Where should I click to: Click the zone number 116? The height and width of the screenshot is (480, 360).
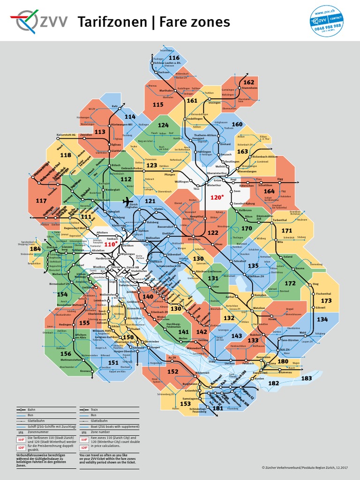[x=174, y=58]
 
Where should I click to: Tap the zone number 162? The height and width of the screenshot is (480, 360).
[x=248, y=82]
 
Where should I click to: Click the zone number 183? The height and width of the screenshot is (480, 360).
[x=307, y=378]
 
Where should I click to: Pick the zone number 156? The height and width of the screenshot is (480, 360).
[x=66, y=354]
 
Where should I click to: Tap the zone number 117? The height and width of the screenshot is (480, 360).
[x=41, y=201]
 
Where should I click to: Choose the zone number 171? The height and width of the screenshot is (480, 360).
[x=286, y=231]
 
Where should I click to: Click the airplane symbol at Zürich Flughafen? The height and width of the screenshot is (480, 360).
[x=126, y=201]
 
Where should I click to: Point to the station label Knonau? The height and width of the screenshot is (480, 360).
[x=85, y=371]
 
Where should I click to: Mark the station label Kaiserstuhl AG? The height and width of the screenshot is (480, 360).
[x=66, y=135]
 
